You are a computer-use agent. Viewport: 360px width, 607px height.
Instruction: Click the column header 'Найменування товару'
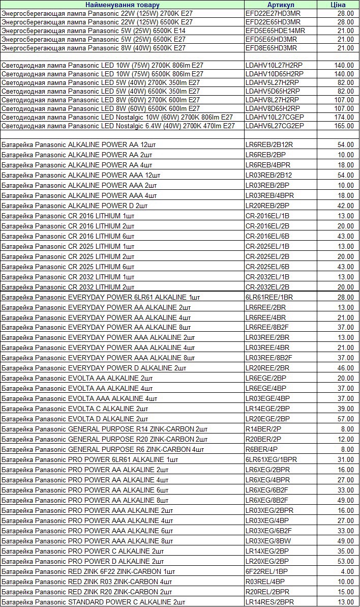click(122, 5)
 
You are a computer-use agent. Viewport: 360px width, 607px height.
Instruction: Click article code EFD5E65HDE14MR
click(275, 31)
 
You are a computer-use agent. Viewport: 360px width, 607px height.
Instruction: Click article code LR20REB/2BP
click(267, 206)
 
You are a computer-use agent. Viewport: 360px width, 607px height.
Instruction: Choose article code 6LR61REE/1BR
click(269, 297)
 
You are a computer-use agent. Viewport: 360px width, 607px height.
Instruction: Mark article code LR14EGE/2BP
click(267, 409)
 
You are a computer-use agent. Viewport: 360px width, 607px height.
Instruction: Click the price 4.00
click(348, 571)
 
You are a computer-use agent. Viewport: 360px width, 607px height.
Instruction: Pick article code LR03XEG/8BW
click(269, 541)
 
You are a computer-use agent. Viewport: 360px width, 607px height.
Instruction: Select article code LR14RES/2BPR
click(269, 602)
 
